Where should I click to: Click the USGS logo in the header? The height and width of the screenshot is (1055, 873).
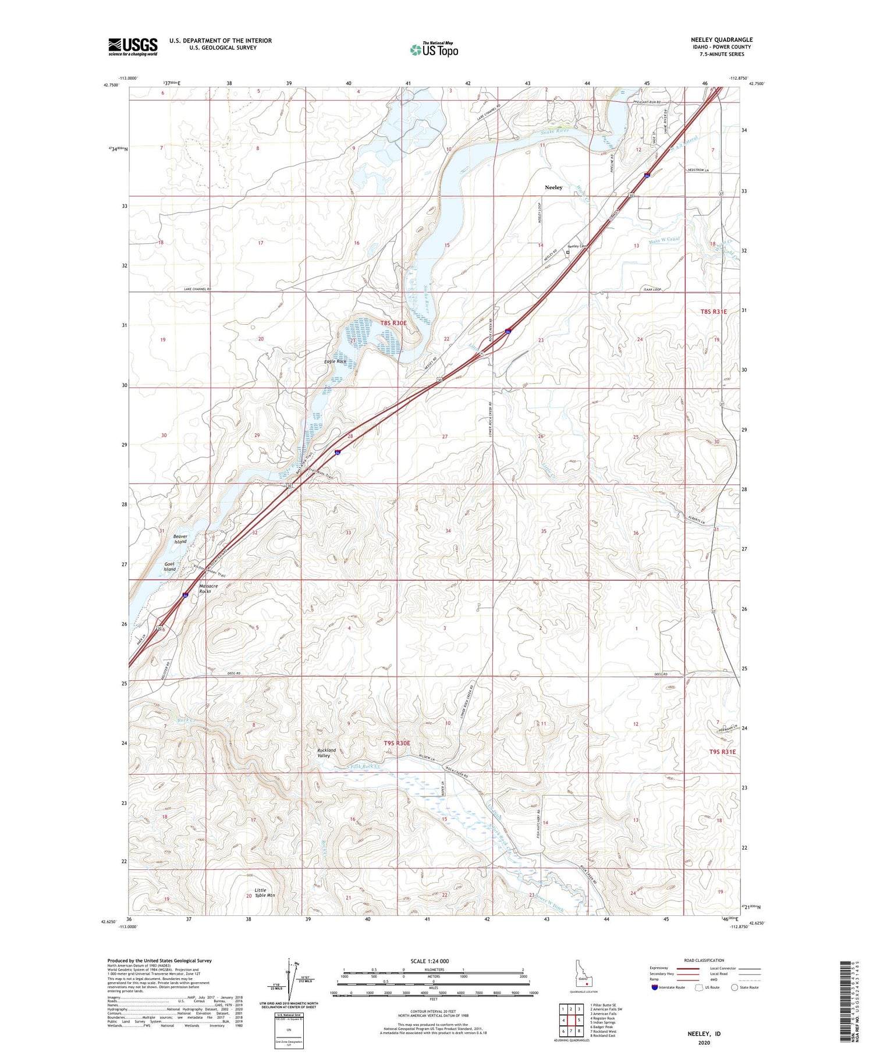133,47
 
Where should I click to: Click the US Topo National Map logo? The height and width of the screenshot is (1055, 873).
434,49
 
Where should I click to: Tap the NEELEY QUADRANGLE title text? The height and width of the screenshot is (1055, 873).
721,40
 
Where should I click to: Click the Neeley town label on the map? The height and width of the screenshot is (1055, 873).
553,187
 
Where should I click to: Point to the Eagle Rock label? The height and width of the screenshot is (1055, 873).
336,361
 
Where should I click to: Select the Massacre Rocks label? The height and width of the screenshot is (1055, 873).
208,588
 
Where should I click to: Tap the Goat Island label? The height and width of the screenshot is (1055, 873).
169,566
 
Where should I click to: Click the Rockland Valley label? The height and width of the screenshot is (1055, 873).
327,753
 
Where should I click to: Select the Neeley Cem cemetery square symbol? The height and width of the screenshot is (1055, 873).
567,253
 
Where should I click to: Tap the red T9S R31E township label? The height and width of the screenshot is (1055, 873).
722,752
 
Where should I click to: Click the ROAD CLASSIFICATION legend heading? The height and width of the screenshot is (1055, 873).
704,960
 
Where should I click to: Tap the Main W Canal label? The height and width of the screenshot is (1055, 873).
664,240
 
